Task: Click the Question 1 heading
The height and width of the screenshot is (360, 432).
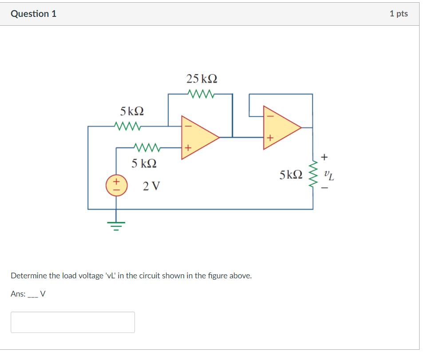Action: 33,14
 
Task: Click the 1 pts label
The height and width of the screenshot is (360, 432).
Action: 398,14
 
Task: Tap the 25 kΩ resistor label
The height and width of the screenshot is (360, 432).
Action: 202,79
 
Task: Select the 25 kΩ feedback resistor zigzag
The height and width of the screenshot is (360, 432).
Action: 202,94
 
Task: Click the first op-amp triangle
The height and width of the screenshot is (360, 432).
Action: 198,137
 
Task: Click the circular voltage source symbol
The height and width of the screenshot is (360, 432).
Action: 116,186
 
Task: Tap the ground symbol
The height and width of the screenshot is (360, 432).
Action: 116,226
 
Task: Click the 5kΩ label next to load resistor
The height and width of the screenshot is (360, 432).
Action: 291,175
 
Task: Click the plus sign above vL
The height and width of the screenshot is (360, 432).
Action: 325,157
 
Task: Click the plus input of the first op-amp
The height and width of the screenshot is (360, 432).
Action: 187,147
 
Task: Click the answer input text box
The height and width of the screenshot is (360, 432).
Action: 73,322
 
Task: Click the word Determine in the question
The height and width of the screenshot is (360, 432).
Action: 28,276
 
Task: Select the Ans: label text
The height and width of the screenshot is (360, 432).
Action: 18,294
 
